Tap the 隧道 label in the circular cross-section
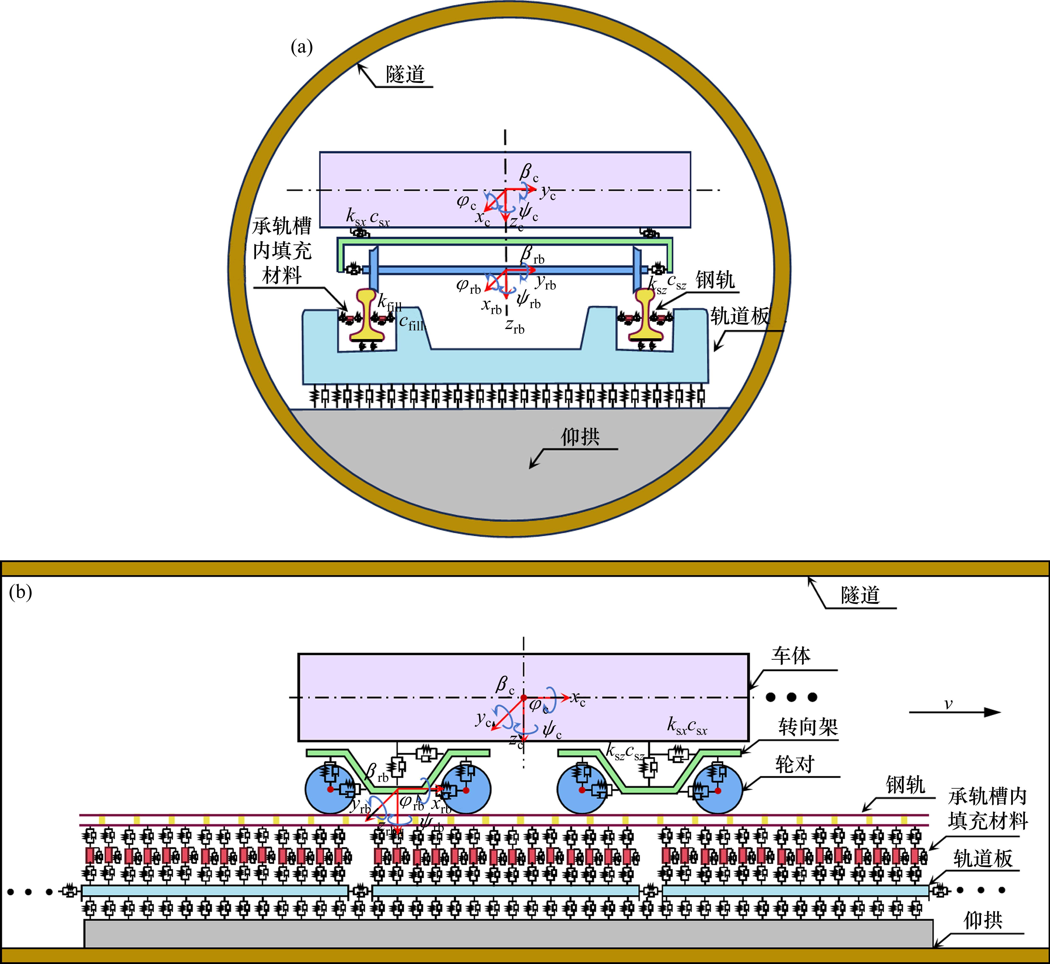406,75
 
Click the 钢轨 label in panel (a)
715,281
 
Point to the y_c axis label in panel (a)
547,193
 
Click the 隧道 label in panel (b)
860,595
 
